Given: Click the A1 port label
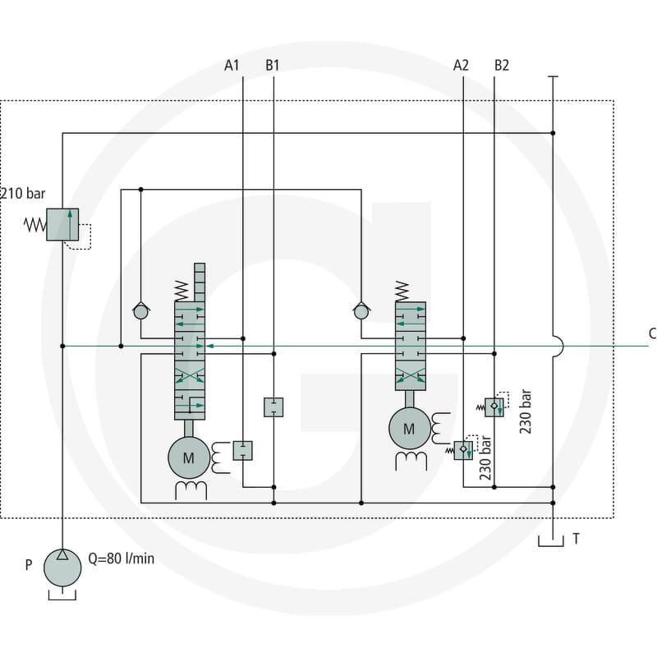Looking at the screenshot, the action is tap(232, 66).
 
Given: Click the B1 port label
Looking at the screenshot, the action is tap(273, 66).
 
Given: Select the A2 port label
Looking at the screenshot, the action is tap(461, 66).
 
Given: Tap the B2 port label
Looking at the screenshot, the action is tap(502, 66).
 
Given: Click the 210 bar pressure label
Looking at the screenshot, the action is tap(23, 194).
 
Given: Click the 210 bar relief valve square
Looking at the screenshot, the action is tap(62, 224).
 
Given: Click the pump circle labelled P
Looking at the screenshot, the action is tap(62, 567).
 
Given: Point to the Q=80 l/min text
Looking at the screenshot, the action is tap(121, 558).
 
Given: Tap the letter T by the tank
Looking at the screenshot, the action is tap(577, 539).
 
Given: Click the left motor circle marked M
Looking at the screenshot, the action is tap(189, 457).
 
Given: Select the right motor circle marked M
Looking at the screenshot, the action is tap(409, 428).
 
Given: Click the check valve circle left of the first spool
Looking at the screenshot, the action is tap(140, 312).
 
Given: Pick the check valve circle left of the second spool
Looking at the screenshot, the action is tap(361, 312).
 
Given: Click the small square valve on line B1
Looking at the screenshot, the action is tap(273, 407).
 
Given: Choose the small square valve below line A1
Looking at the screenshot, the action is tap(242, 450).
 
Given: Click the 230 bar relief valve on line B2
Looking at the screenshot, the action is tap(494, 407).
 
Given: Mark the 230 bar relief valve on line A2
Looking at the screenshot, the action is tap(463, 450).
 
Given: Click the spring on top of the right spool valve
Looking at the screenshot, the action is tap(402, 292).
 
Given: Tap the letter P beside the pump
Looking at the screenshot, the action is tap(29, 565).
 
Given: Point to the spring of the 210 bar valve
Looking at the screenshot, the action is tap(34, 225).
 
